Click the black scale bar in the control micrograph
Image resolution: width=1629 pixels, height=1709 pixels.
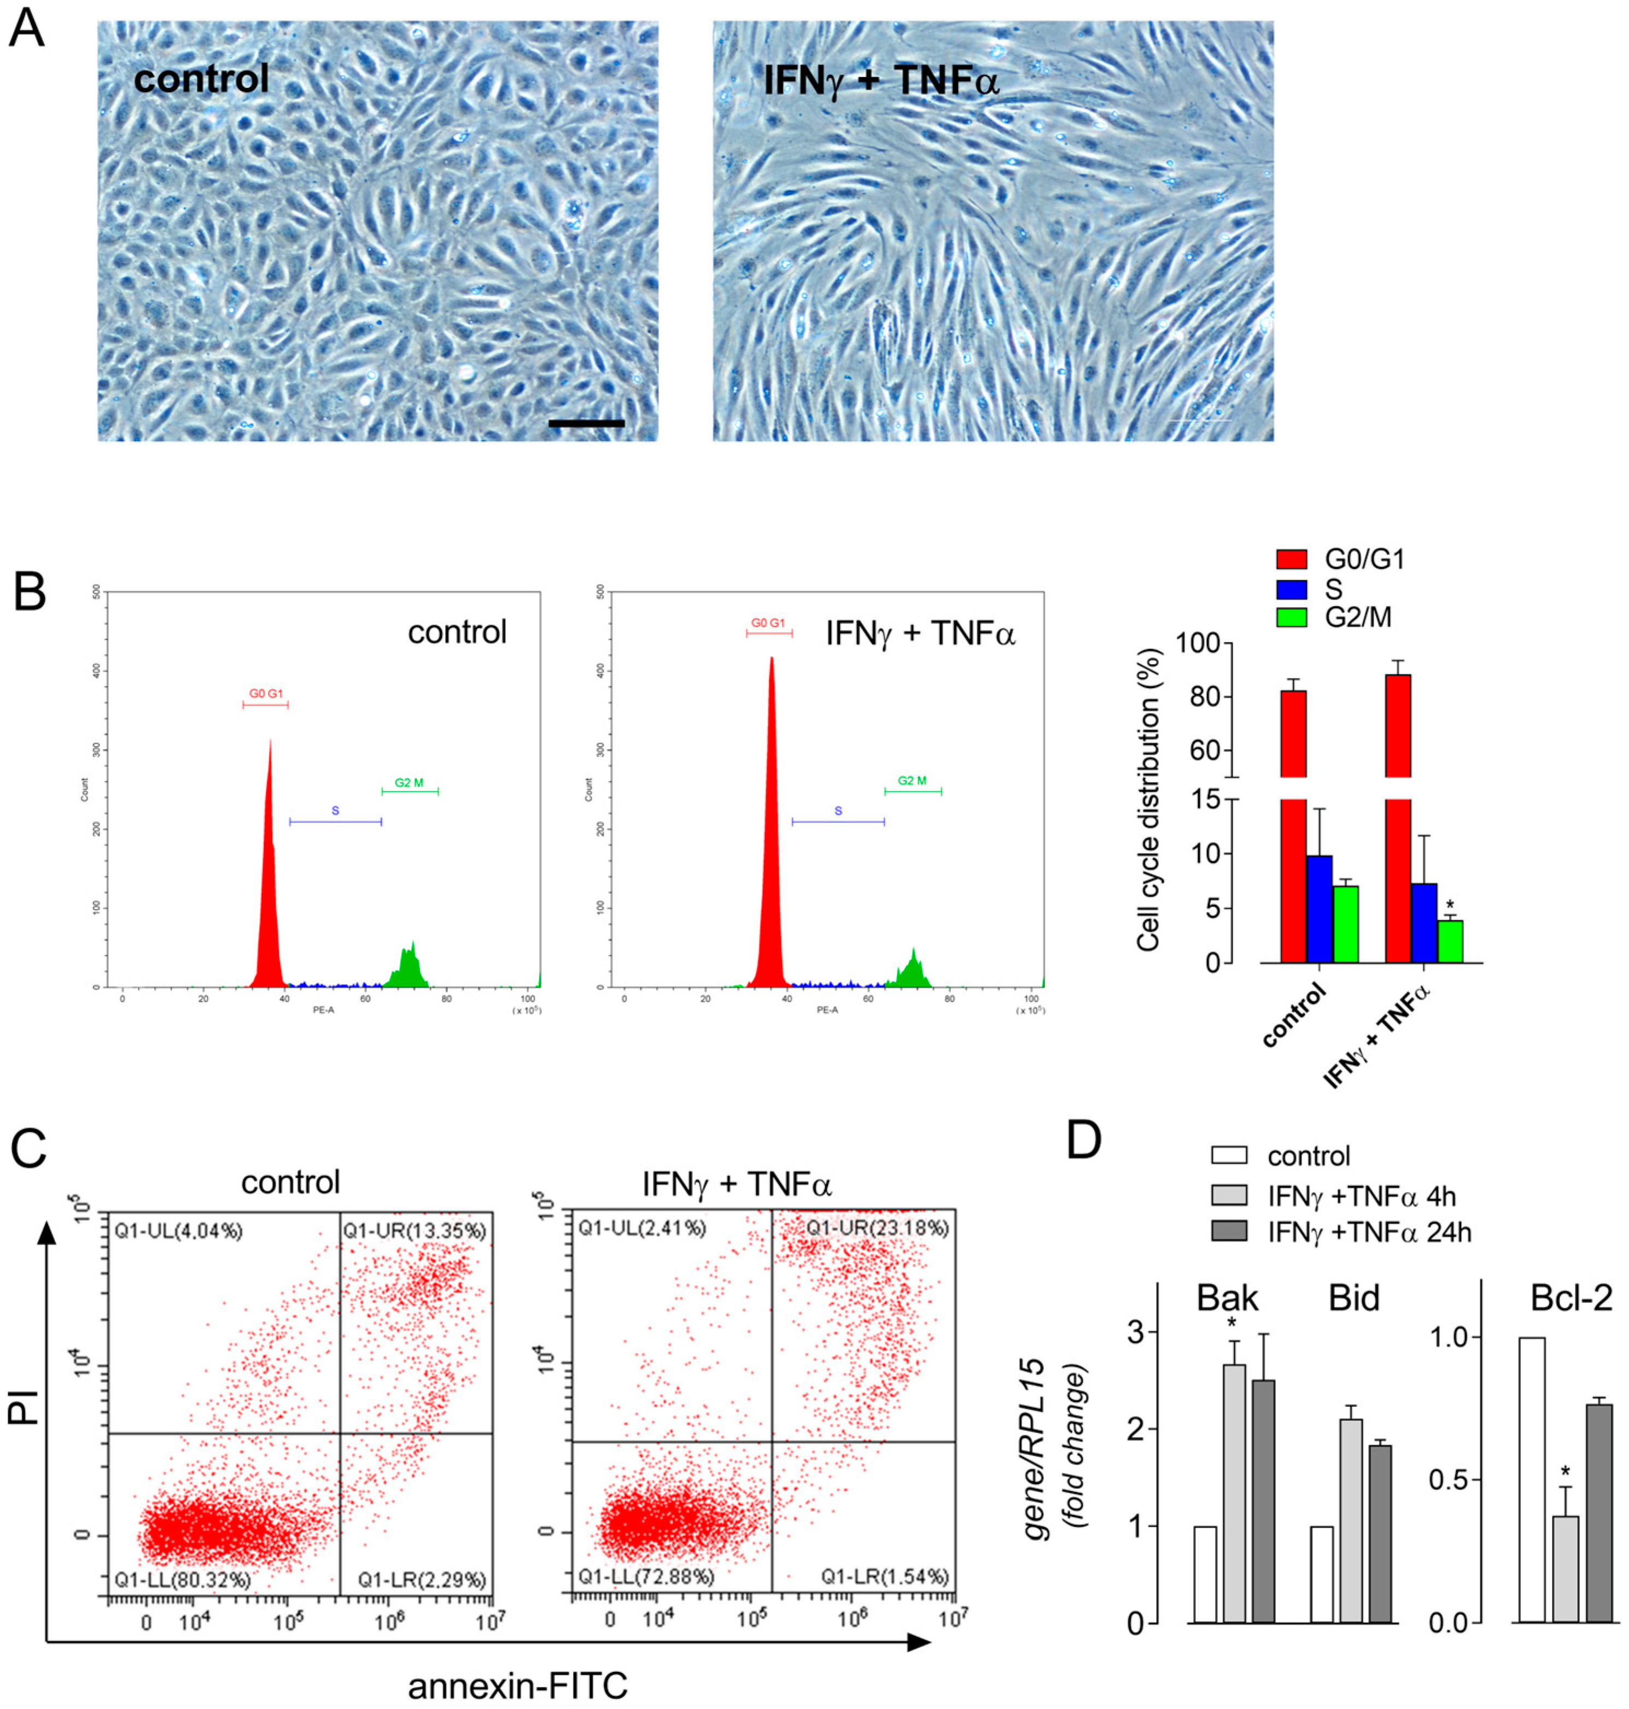(586, 424)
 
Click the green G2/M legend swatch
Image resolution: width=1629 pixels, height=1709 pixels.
(1291, 617)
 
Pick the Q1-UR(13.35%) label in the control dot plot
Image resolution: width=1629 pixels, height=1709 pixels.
(414, 1231)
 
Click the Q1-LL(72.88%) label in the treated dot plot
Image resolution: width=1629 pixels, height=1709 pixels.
(646, 1576)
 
